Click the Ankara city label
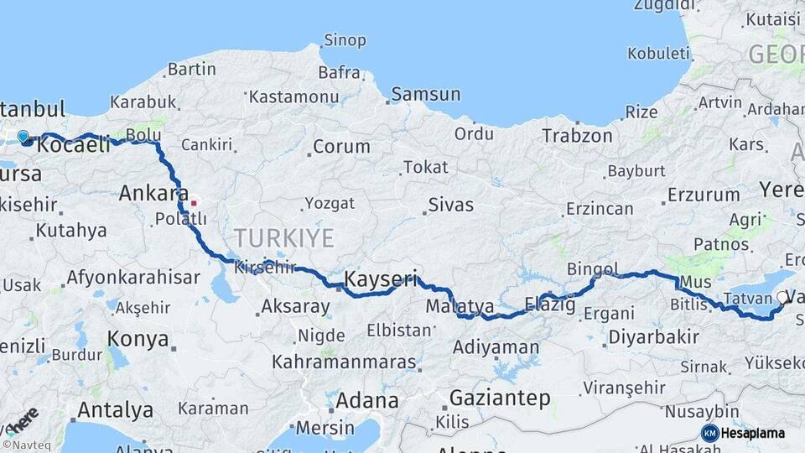153,193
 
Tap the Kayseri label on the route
381,278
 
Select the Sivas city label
450,205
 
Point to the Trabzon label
577,135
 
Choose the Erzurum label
704,195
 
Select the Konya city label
138,339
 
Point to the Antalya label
115,410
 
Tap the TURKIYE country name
283,238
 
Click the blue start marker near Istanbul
23,137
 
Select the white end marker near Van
782,297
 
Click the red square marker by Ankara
194,202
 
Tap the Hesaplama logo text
753,434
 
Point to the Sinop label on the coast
345,40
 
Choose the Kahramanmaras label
344,362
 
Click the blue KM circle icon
709,434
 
